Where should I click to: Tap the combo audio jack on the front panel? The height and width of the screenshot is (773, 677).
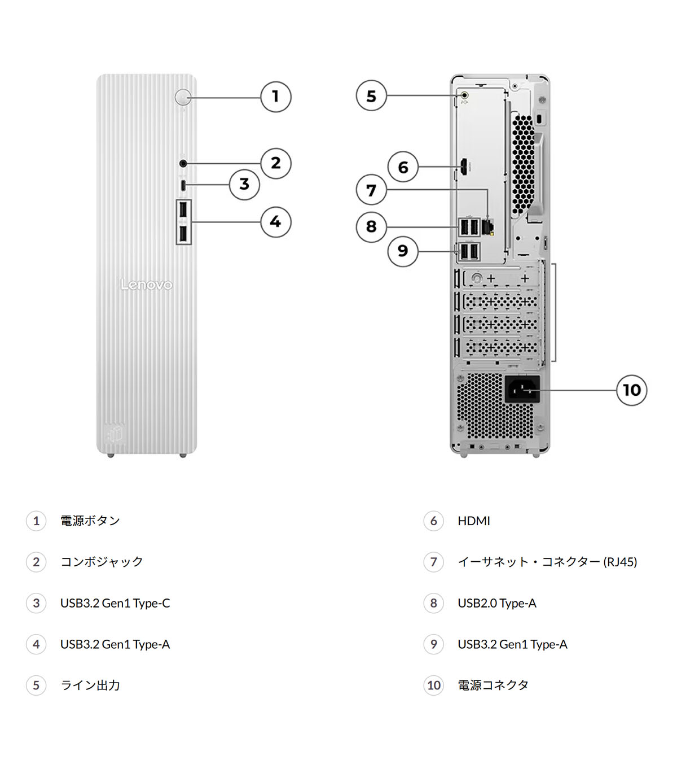coord(183,164)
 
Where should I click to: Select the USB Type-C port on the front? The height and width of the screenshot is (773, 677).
coord(183,185)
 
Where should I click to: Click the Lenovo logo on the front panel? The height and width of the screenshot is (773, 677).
coord(146,285)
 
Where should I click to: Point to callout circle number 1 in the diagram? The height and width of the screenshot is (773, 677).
coord(275,97)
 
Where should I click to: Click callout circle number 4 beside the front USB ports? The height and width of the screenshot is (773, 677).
coord(275,221)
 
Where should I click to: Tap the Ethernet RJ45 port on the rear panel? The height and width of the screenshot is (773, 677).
coord(488,226)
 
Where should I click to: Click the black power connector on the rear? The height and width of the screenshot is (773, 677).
coord(522,389)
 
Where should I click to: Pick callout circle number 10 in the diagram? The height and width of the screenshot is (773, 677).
coord(631,390)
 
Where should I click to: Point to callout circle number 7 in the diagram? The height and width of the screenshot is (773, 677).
coord(371,190)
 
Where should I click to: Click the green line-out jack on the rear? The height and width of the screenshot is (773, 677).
coord(464,96)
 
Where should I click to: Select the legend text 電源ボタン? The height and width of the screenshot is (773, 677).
coord(90,521)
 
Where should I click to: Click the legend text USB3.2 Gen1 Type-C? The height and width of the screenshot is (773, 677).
coord(115,603)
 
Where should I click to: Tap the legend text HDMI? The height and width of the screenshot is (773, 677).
coord(474,521)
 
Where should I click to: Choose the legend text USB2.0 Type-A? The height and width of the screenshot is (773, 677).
coord(497,603)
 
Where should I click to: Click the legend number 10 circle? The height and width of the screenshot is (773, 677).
coord(433,685)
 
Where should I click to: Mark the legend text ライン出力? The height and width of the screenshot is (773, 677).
coord(90,685)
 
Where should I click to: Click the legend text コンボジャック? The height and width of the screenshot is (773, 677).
coord(102,562)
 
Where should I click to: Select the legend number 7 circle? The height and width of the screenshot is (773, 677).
coord(433,562)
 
